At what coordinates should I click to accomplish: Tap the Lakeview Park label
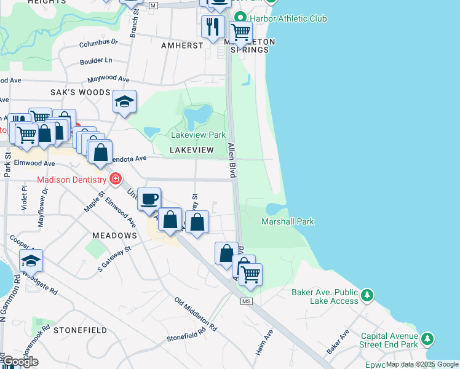click(198, 135)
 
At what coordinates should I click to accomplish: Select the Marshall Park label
click(288, 221)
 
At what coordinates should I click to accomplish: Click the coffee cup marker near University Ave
click(149, 199)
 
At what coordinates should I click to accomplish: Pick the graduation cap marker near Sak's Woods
click(124, 102)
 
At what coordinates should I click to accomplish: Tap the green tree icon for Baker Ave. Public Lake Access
click(367, 295)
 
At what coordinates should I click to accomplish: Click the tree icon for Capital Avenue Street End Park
click(428, 339)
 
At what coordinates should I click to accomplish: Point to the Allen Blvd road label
click(232, 161)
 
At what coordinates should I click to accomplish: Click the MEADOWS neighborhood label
click(114, 236)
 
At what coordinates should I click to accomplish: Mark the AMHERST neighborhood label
click(182, 46)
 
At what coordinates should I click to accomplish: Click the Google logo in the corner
click(20, 361)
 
